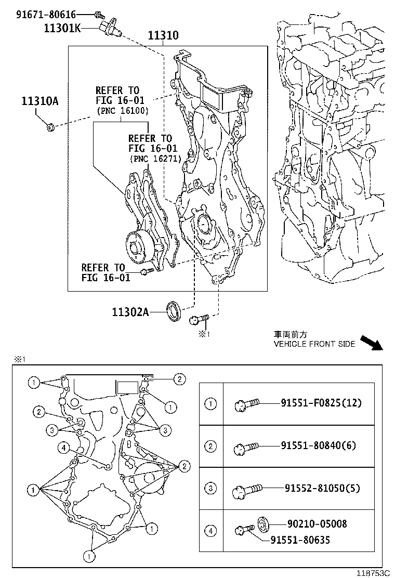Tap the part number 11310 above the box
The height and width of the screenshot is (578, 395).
click(163, 35)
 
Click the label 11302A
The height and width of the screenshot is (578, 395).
click(130, 312)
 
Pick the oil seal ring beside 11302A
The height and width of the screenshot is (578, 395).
click(174, 311)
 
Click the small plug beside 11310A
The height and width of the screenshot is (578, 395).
click(50, 126)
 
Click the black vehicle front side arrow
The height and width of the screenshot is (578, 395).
click(371, 343)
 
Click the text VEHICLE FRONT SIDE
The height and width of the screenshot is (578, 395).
click(314, 344)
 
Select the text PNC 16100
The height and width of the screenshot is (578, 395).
click(123, 111)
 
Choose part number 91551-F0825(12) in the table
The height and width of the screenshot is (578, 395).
click(321, 403)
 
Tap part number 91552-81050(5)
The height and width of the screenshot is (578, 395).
click(322, 488)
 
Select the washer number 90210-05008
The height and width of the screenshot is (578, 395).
click(317, 524)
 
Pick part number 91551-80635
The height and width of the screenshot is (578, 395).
click(300, 540)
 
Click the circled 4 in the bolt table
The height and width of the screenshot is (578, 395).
click(210, 531)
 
